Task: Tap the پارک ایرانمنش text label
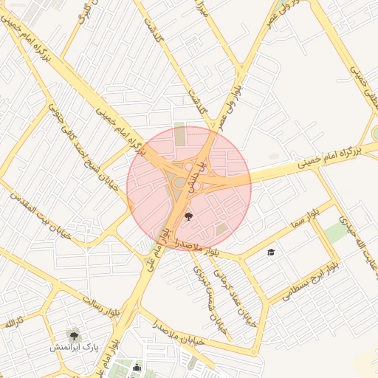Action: (74, 347)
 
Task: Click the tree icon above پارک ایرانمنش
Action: (73, 334)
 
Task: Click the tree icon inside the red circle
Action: (188, 217)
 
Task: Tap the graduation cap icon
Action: (271, 252)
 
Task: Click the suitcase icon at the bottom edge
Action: (136, 367)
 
